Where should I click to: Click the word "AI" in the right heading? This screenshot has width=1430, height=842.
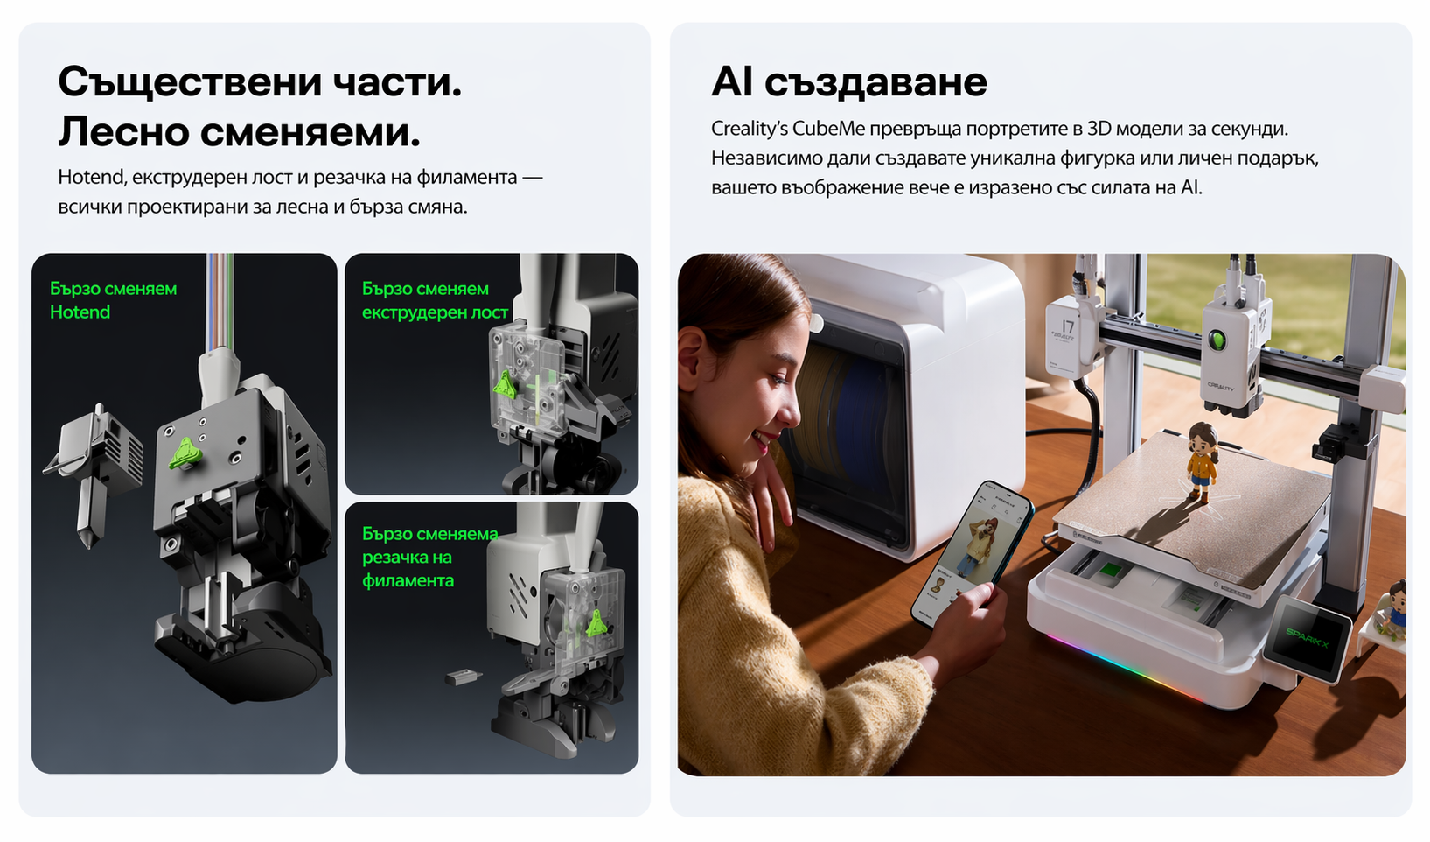tap(731, 81)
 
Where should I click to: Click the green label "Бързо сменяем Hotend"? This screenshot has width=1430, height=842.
tap(114, 300)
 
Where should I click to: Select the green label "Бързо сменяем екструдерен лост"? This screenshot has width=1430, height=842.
tap(435, 300)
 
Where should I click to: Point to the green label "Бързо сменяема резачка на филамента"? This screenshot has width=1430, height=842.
tap(430, 557)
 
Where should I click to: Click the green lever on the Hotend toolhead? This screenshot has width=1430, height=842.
tap(185, 453)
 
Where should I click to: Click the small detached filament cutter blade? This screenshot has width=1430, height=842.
tap(464, 677)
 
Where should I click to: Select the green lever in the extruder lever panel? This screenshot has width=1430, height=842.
tap(505, 385)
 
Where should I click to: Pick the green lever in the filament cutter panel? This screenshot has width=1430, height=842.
tap(596, 622)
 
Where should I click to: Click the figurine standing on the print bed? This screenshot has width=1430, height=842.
tap(1202, 461)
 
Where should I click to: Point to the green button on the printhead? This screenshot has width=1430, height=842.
tap(1218, 340)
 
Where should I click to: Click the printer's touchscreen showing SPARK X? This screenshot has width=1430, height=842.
tap(1306, 640)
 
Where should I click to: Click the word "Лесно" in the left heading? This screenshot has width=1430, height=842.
tap(124, 132)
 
